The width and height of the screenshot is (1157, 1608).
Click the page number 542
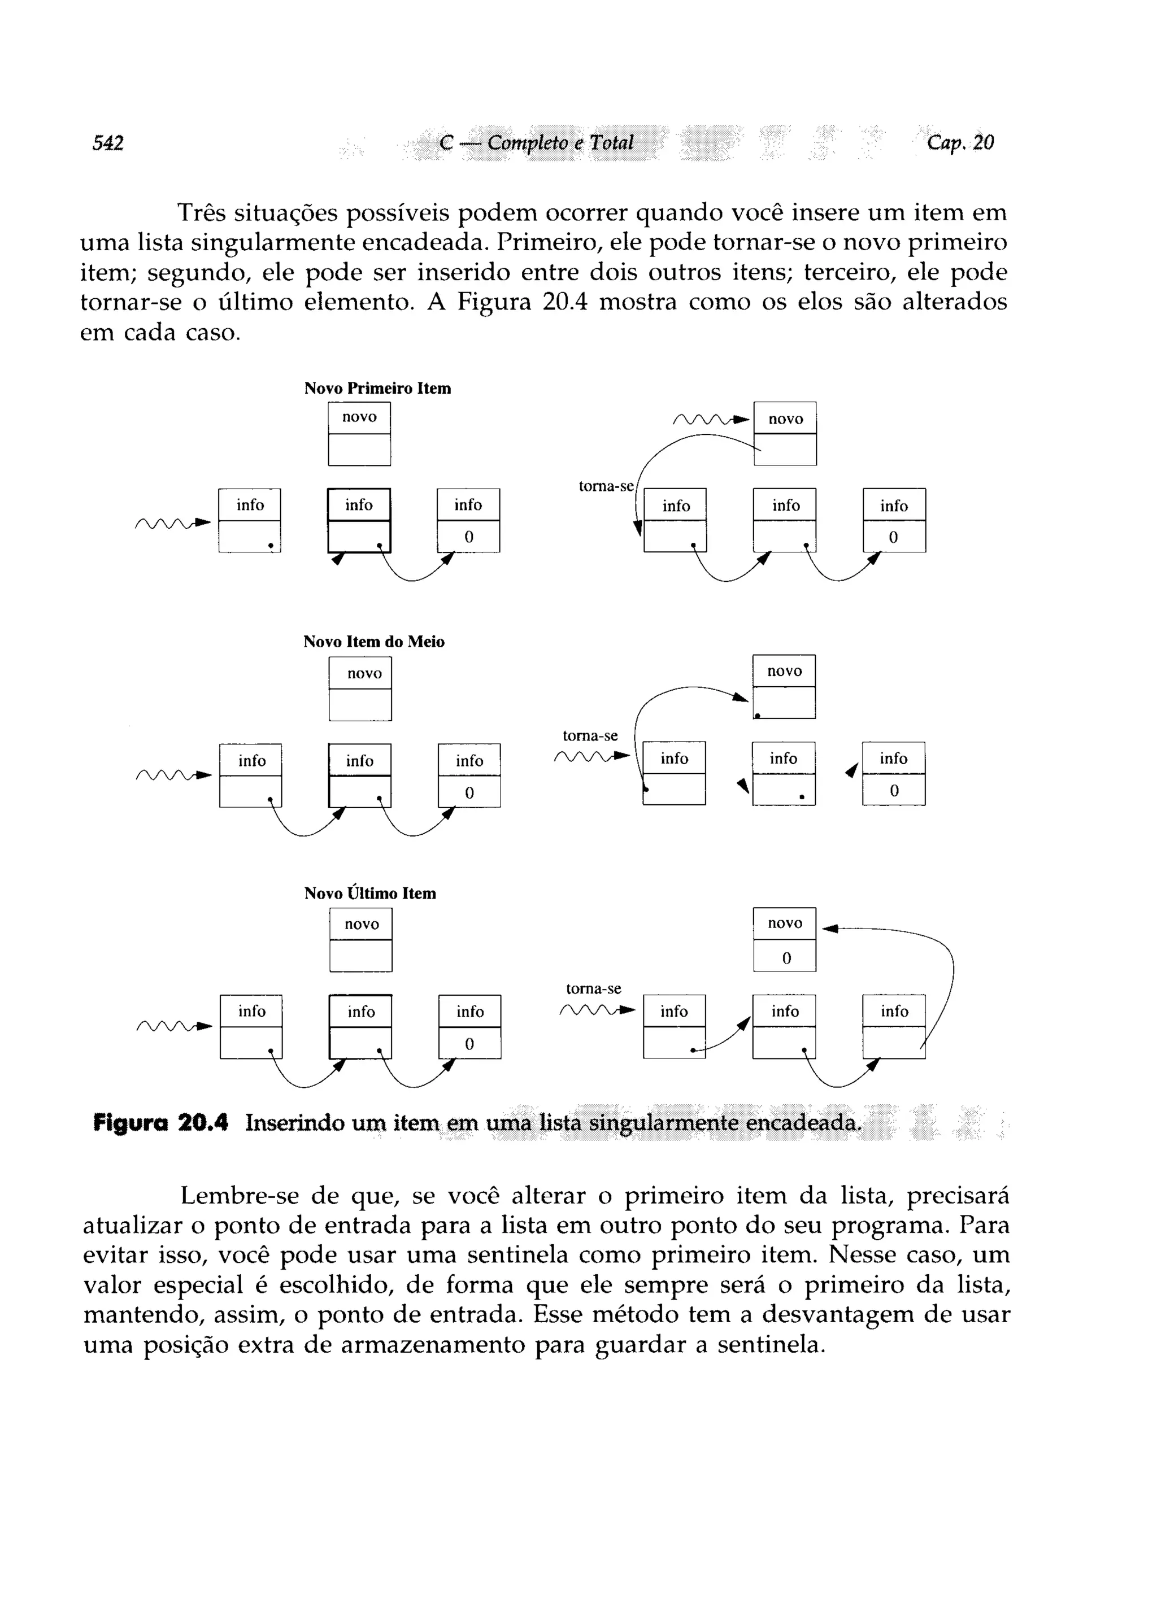[108, 143]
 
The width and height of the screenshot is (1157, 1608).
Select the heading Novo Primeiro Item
[377, 389]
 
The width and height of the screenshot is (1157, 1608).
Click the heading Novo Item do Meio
[374, 642]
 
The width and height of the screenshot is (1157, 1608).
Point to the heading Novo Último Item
[370, 894]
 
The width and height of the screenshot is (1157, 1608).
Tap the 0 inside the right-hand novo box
[786, 958]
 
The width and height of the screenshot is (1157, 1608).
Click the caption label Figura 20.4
[161, 1123]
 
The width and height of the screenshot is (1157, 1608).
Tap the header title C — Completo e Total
[536, 143]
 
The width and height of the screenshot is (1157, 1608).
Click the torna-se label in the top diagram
[606, 486]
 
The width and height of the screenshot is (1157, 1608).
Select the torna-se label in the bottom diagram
[594, 988]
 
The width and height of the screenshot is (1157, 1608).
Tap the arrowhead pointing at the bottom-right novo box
[830, 929]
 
